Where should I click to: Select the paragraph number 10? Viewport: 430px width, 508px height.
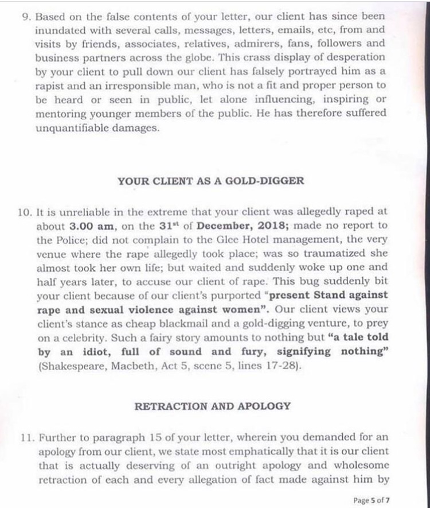[27, 211]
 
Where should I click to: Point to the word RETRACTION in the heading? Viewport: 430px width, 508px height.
[163, 406]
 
